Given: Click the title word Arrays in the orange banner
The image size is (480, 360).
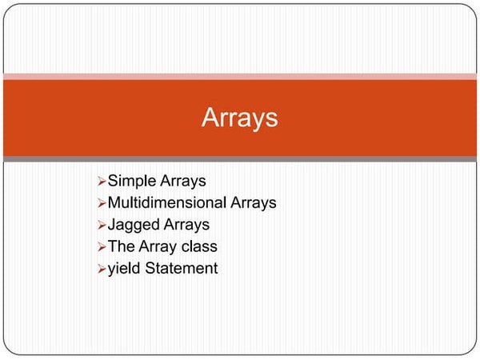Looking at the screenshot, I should tap(240, 118).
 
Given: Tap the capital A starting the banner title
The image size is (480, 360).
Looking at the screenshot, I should tap(210, 118).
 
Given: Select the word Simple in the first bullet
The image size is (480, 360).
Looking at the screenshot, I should tap(133, 182).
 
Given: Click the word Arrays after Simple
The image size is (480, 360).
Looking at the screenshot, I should tap(184, 182).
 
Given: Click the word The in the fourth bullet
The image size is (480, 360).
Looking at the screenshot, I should tap(121, 246).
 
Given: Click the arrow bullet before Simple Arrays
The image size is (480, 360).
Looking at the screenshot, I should tap(101, 182).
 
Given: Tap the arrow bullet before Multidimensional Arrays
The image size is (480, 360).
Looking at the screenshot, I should tap(101, 204).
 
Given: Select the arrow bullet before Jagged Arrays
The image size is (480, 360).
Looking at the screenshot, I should tap(101, 226).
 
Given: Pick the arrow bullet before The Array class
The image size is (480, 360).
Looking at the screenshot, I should tap(101, 247).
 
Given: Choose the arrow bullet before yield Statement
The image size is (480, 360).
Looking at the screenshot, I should tap(101, 269).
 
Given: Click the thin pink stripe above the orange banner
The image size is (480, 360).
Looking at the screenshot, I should tap(240, 76).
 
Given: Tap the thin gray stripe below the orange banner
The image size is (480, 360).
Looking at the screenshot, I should tap(240, 159).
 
